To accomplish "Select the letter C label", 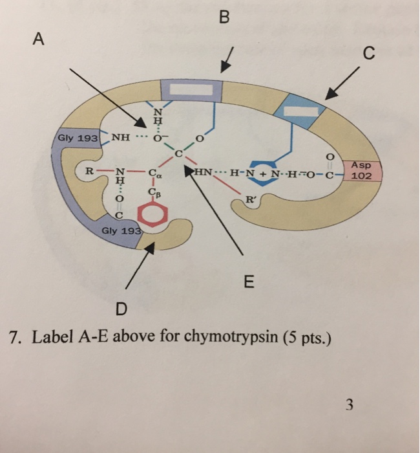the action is pyautogui.click(x=368, y=56).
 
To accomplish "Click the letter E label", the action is pyautogui.click(x=249, y=282).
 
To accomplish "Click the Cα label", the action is pyautogui.click(x=154, y=174).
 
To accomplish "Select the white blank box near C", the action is pyautogui.click(x=299, y=110).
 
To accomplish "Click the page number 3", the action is pyautogui.click(x=349, y=406).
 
